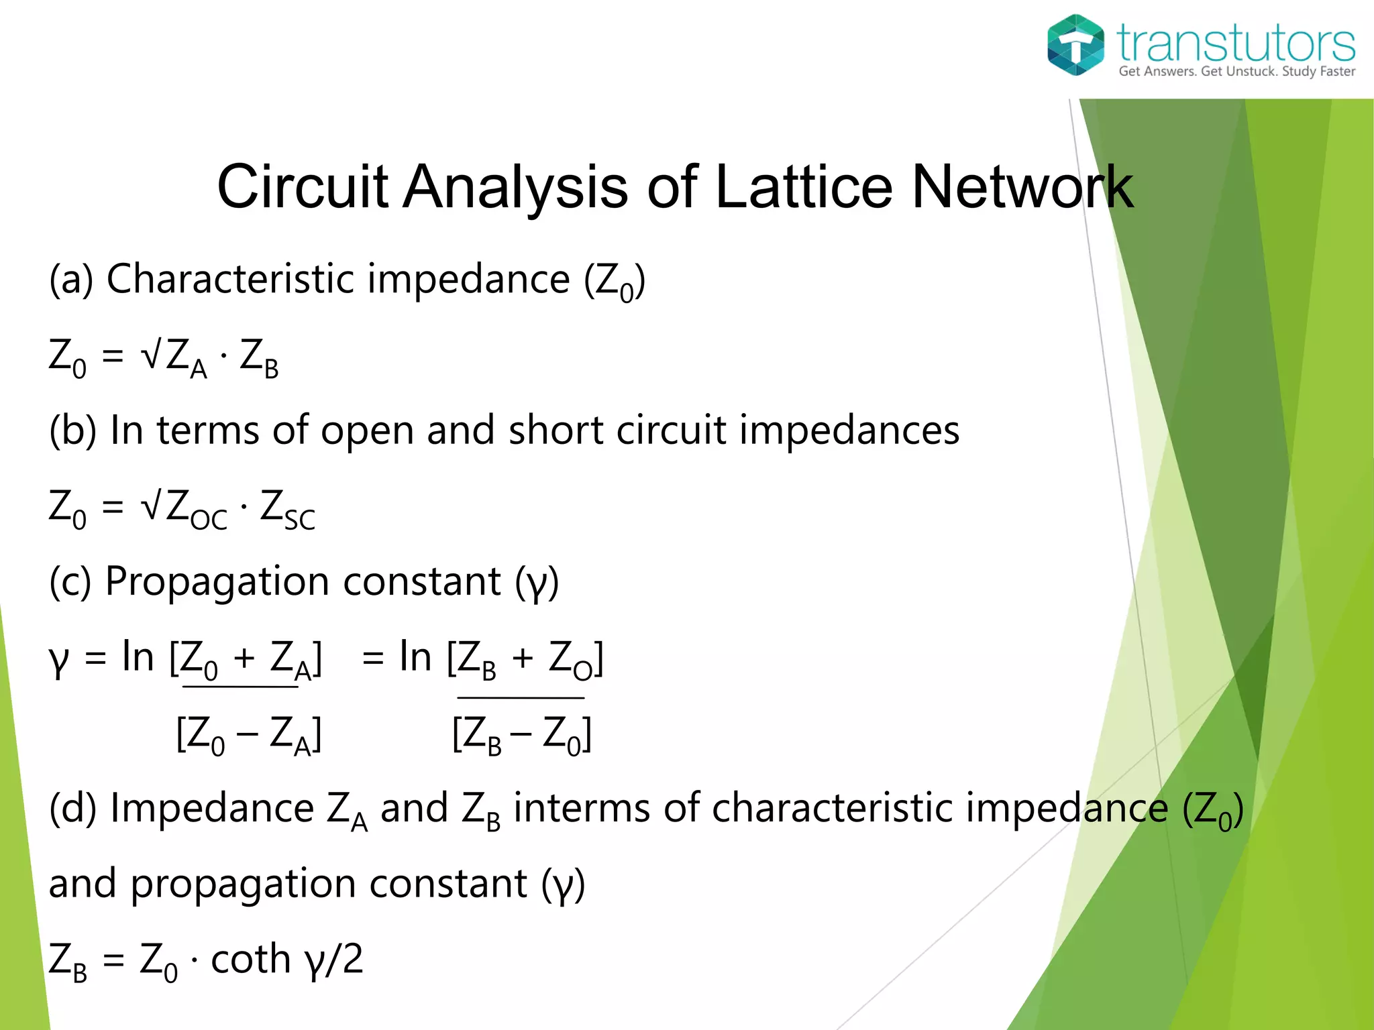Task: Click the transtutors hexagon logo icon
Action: (x=1075, y=45)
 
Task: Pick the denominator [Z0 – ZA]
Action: (x=248, y=736)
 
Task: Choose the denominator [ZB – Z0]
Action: (x=521, y=736)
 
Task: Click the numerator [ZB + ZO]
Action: (x=525, y=659)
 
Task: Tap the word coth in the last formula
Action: (x=250, y=959)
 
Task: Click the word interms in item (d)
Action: (x=581, y=807)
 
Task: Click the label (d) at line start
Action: (x=73, y=808)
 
